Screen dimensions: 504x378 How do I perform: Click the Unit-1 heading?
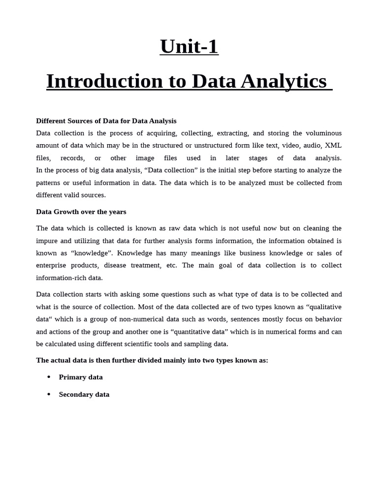[x=189, y=47]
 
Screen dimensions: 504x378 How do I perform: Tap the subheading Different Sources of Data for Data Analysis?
[x=106, y=121]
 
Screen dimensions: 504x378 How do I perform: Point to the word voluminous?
[x=323, y=133]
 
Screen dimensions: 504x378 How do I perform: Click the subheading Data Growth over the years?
[x=81, y=212]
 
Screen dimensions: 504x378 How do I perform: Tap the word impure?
[x=47, y=241]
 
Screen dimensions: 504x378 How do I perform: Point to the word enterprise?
[x=52, y=265]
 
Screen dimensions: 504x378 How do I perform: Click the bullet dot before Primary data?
[x=49, y=377]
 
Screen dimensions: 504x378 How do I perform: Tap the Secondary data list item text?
[x=84, y=394]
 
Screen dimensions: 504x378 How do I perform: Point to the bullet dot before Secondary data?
[x=49, y=394]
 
